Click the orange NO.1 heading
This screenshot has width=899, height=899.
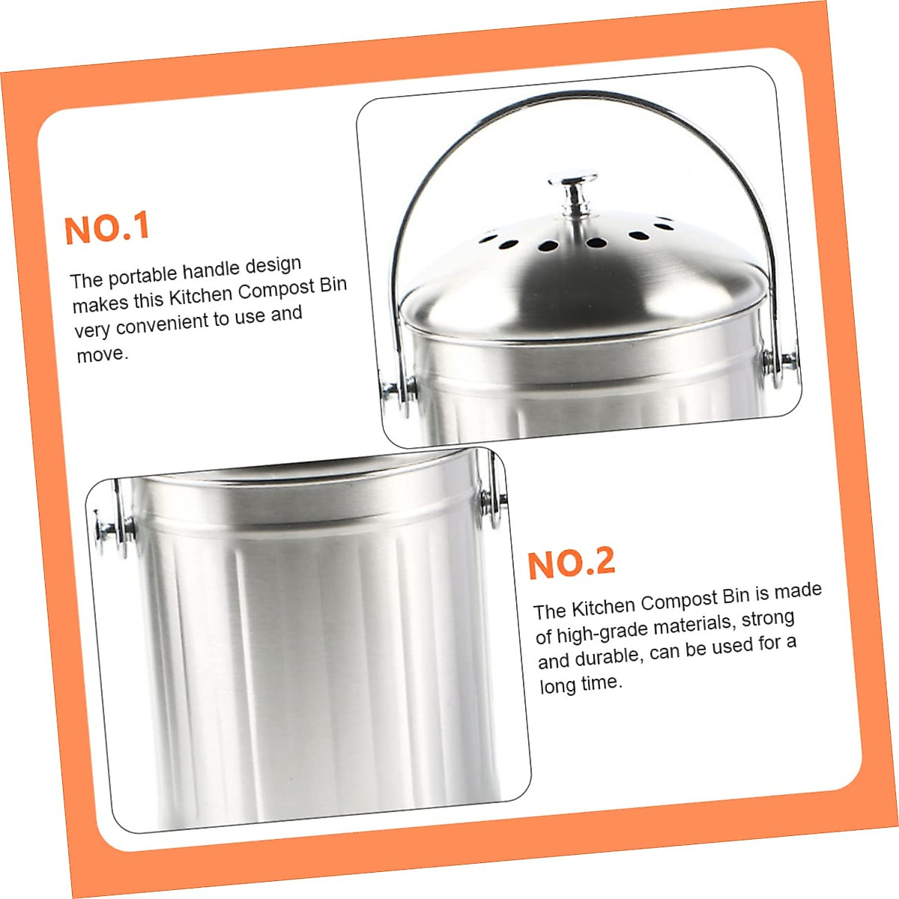(x=107, y=228)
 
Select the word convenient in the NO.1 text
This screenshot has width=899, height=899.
(x=162, y=324)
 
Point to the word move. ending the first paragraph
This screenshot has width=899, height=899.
(x=102, y=354)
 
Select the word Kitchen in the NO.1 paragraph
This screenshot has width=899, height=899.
(x=200, y=295)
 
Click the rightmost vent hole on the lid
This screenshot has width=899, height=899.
(x=663, y=222)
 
